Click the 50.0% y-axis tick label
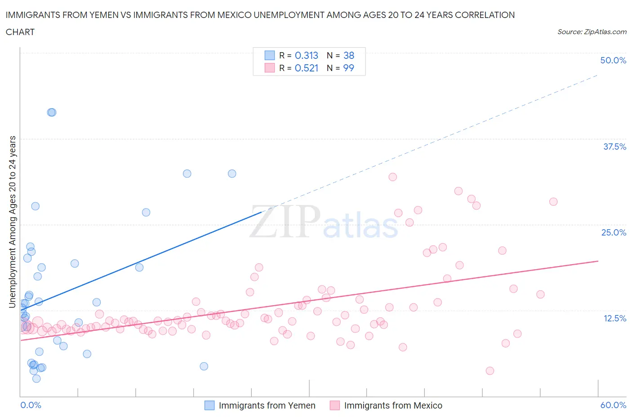pyautogui.click(x=613, y=60)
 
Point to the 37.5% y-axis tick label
pyautogui.click(x=614, y=147)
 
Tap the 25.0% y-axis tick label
pyautogui.click(x=614, y=232)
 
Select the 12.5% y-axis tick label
pyautogui.click(x=614, y=318)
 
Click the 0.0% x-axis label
pyautogui.click(x=31, y=405)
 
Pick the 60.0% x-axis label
pyautogui.click(x=613, y=405)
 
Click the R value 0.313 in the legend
pyautogui.click(x=306, y=55)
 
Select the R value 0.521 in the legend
pyautogui.click(x=306, y=68)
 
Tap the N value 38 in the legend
pyautogui.click(x=349, y=55)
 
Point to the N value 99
pyautogui.click(x=349, y=68)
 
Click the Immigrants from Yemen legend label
pyautogui.click(x=267, y=405)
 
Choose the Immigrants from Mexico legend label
pyautogui.click(x=393, y=405)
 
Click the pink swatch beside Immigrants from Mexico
pyautogui.click(x=334, y=405)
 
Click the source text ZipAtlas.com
pyautogui.click(x=592, y=32)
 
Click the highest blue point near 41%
pyautogui.click(x=52, y=112)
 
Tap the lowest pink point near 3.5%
pyautogui.click(x=490, y=371)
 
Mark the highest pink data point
pyautogui.click(x=392, y=177)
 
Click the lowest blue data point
pyautogui.click(x=36, y=378)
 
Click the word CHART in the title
pyautogui.click(x=20, y=32)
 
